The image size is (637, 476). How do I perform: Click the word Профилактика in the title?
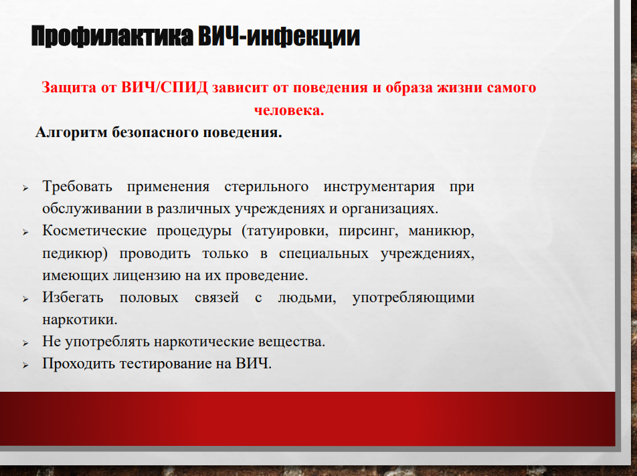pyautogui.click(x=112, y=37)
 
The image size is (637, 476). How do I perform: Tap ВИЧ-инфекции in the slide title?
pyautogui.click(x=279, y=37)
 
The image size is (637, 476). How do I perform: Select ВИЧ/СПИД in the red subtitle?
pyautogui.click(x=165, y=88)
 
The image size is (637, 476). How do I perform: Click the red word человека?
pyautogui.click(x=289, y=110)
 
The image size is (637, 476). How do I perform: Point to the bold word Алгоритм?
pyautogui.click(x=72, y=132)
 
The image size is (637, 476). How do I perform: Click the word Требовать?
pyautogui.click(x=77, y=187)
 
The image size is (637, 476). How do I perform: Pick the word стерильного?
pyautogui.click(x=266, y=187)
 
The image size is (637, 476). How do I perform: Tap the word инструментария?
pyautogui.click(x=379, y=187)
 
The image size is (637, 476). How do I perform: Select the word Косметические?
pyautogui.click(x=94, y=231)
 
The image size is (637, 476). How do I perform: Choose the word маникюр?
pyautogui.click(x=441, y=231)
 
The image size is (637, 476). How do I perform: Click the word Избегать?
pyautogui.click(x=73, y=297)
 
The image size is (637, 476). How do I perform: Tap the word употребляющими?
pyautogui.click(x=414, y=298)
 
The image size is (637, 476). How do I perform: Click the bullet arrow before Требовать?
pyautogui.click(x=25, y=188)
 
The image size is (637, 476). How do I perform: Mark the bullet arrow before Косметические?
pyautogui.click(x=25, y=232)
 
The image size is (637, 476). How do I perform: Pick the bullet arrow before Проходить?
pyautogui.click(x=25, y=365)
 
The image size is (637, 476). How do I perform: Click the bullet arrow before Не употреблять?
pyautogui.click(x=25, y=344)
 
